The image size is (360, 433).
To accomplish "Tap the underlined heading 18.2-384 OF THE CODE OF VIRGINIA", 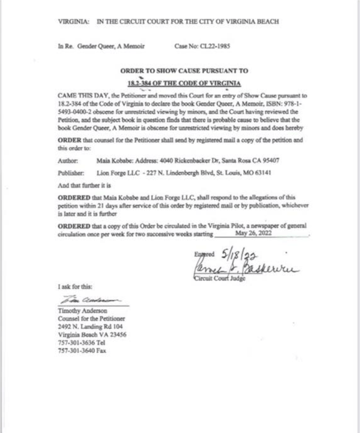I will pos(184,82).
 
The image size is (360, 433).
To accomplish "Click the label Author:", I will pos(68,161).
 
